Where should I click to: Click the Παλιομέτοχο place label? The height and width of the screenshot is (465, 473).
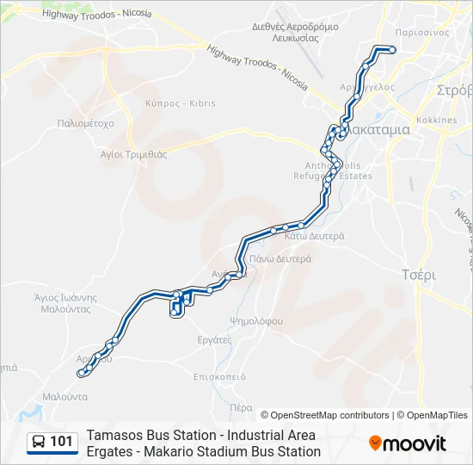point(85,123)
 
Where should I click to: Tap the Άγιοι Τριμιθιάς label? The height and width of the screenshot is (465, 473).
point(133,154)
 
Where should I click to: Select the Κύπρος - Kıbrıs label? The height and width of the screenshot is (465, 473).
point(181,103)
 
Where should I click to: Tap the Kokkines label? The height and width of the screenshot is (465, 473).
point(436,120)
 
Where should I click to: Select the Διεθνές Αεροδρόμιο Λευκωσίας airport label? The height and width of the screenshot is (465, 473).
point(294,32)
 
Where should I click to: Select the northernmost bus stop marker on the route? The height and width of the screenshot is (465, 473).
point(392,50)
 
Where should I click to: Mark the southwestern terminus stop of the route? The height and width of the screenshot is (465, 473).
point(81,373)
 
